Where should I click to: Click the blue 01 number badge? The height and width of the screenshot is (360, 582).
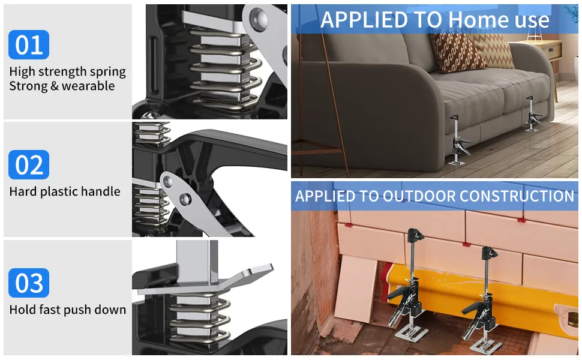coord(29,45)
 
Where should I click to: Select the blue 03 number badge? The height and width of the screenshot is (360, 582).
coord(29,283)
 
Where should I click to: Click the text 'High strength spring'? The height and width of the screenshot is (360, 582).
coord(67,72)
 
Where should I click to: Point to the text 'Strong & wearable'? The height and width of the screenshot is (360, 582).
coord(62,86)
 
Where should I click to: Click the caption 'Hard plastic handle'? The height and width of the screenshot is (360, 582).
coord(65,192)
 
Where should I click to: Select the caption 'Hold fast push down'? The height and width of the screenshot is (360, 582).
coord(68,310)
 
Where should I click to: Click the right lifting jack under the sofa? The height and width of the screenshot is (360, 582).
coord(532,114)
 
